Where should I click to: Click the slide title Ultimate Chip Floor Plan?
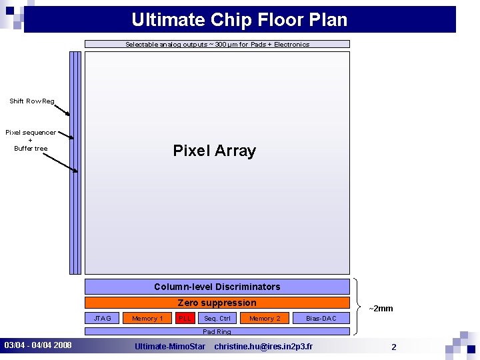coord(239,19)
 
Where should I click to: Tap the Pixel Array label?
coord(214,151)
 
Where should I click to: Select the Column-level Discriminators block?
coord(217,287)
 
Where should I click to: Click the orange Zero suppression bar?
coord(217,303)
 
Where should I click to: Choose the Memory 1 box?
coord(147,319)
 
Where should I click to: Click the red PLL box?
coord(185,319)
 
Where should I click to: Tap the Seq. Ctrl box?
coord(217,319)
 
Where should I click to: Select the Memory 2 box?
coord(265,319)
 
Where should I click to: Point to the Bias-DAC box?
coord(321,319)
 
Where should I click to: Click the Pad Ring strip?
coord(217,331)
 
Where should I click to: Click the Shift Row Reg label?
coord(32,101)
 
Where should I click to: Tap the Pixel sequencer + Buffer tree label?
coord(31,140)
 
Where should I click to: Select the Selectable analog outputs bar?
coord(217,45)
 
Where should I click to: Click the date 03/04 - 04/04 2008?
coord(38,346)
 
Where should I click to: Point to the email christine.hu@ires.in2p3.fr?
coord(263,347)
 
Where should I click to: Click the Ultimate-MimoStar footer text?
coord(170,347)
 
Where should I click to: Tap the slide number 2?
coord(394,347)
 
